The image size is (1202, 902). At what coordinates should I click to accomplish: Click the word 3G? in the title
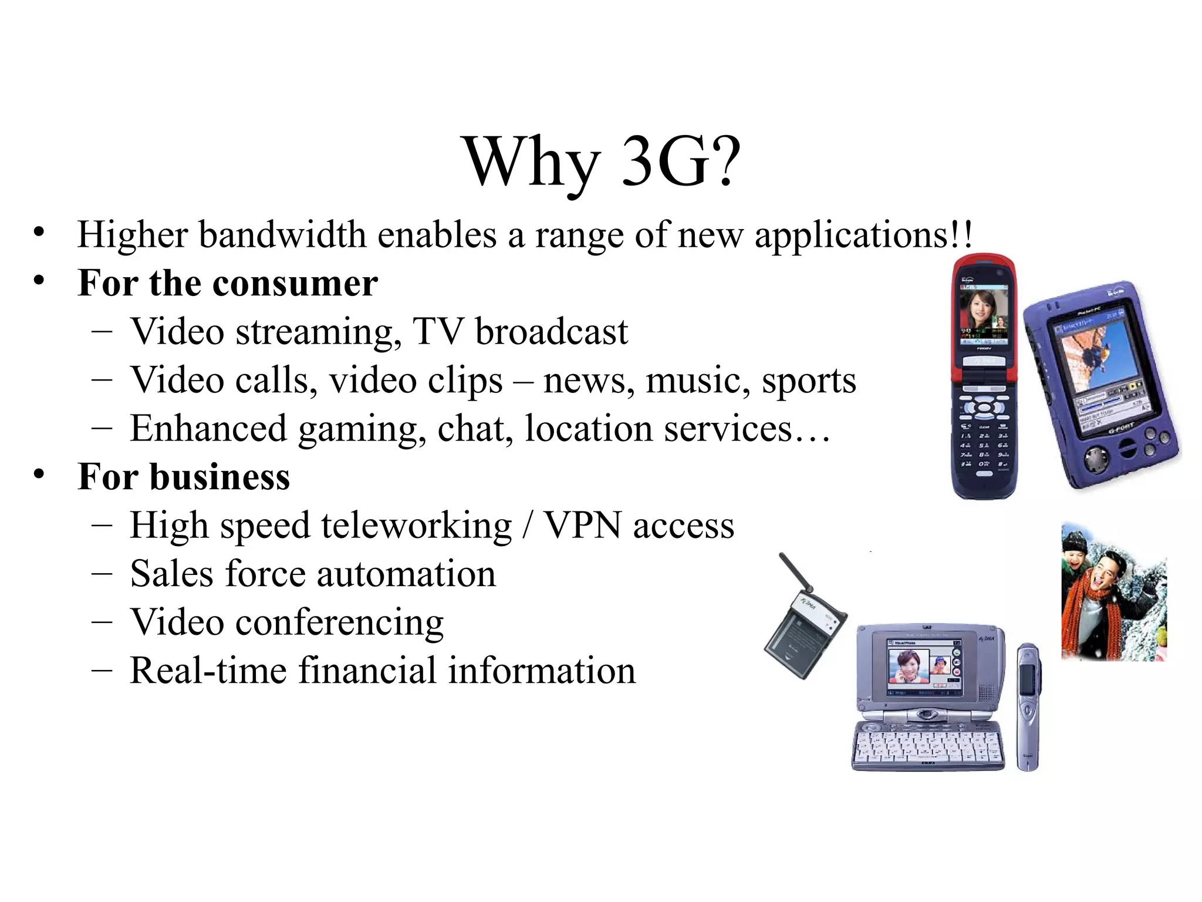point(681,161)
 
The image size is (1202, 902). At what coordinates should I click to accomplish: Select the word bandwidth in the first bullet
point(282,235)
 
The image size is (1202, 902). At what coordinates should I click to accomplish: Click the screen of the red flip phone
point(984,315)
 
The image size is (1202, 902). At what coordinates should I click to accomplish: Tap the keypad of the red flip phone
point(984,446)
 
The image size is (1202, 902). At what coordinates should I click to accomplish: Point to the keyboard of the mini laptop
point(927,746)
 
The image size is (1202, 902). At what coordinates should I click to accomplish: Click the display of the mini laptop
point(924,667)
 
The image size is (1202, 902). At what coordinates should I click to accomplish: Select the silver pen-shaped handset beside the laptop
point(1028,705)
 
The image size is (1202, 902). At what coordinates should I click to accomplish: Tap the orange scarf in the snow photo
point(1079,611)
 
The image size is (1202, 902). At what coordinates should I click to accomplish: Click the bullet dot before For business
point(39,474)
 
